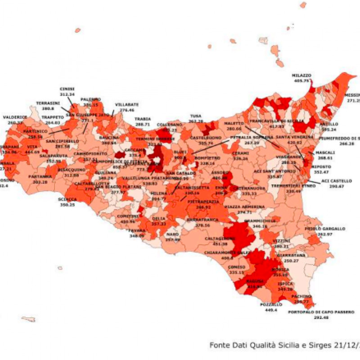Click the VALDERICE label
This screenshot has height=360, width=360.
pos(15,117)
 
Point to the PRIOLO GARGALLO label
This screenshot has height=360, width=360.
pos(331,229)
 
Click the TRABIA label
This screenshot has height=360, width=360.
pos(142,119)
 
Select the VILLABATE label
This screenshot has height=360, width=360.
pos(126,104)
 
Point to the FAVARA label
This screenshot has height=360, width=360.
pos(137,230)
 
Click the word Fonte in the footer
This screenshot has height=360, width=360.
pos(220,345)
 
